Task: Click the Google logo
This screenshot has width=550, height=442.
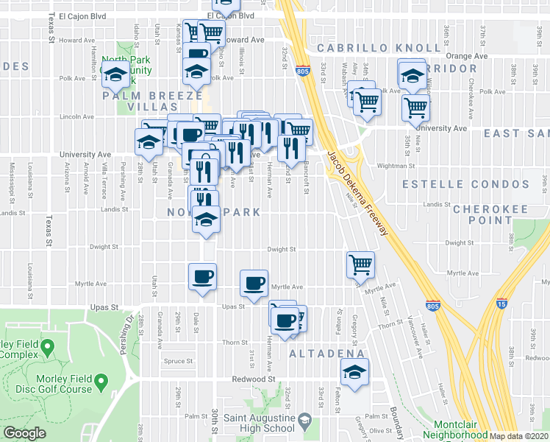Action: pos(24,433)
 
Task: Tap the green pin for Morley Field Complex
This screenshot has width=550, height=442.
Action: pos(46,345)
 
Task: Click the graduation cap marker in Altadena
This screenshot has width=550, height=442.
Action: pos(355,373)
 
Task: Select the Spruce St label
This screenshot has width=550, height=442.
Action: pos(179,361)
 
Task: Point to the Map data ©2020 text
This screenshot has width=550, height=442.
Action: pos(519,436)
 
